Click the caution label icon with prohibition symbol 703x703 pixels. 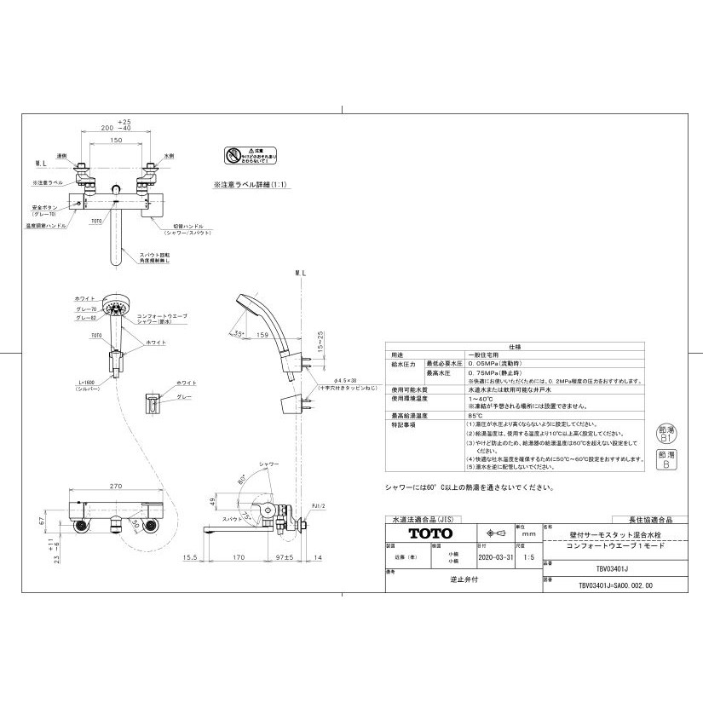coord(234,155)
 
